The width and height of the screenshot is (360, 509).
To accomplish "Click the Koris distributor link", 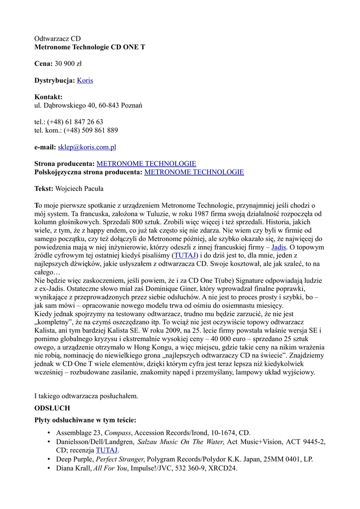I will coord(85,80).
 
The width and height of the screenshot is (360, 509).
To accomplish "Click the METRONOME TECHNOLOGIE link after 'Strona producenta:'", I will coord(146,164).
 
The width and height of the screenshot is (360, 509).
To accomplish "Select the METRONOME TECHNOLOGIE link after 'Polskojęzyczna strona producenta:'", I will coord(194,172).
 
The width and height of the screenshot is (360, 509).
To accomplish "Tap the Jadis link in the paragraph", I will coord(278,247).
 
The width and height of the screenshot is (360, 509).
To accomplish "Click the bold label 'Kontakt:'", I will coord(48,97).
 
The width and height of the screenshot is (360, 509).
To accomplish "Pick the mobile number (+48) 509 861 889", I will coord(91,130).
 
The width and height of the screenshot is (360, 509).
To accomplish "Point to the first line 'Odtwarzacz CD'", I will coord(57,38).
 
